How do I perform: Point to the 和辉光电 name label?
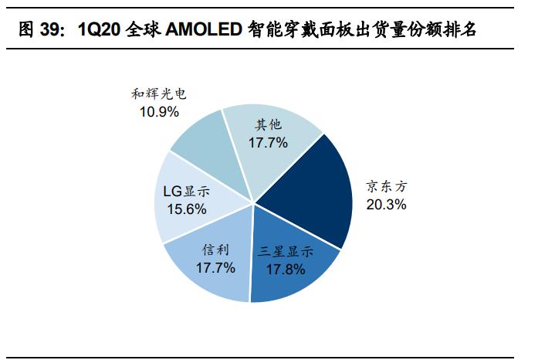pyautogui.click(x=159, y=95)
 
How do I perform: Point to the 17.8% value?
pyautogui.click(x=286, y=270)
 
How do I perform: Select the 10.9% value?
pyautogui.click(x=159, y=112)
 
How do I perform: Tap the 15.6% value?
pyautogui.click(x=185, y=209)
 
